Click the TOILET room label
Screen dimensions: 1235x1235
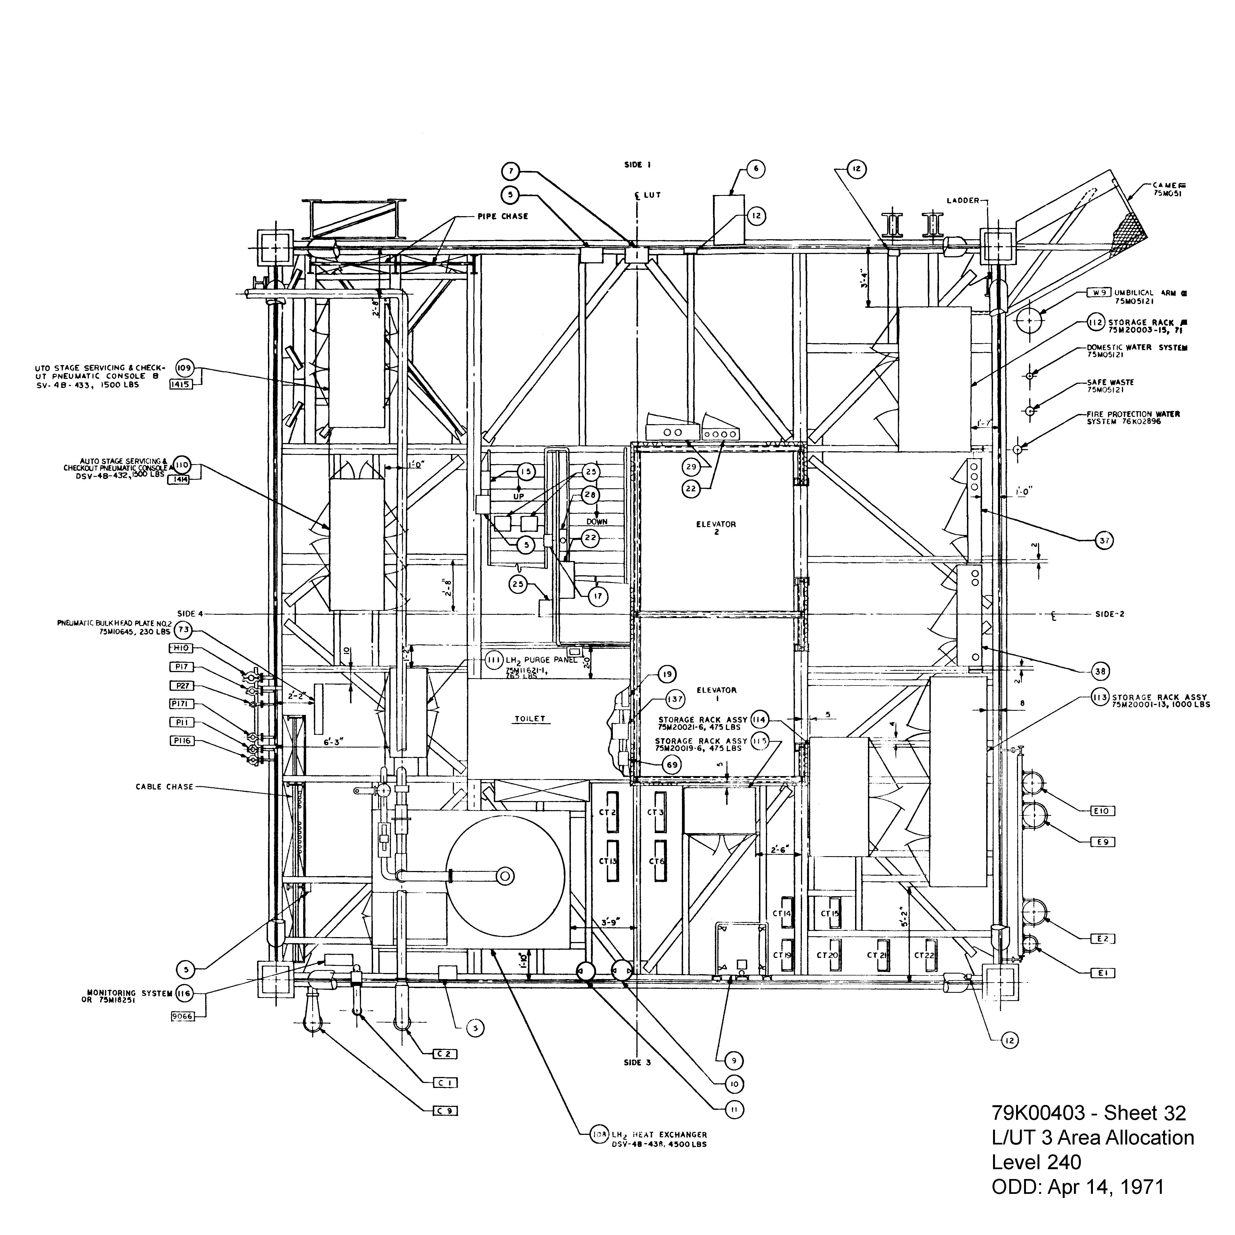[x=530, y=718]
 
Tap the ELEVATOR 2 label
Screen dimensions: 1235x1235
[x=716, y=528]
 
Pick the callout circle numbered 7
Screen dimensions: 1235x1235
[x=511, y=171]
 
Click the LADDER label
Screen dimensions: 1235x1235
[x=963, y=201]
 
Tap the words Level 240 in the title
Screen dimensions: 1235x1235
[x=1036, y=1161]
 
